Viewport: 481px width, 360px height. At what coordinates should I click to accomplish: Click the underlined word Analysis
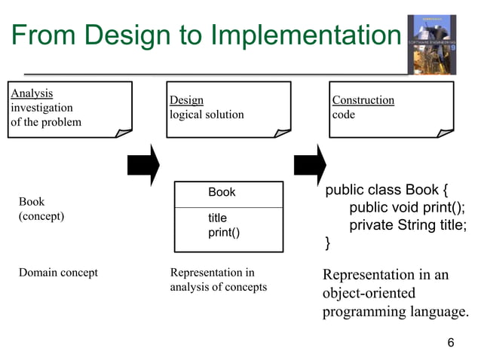32,93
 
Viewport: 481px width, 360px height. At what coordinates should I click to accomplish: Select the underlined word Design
186,100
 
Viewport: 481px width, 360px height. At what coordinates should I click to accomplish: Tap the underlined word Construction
363,100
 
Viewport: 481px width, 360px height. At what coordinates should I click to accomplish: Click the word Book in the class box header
222,193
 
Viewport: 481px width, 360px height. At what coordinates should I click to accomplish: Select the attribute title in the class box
217,218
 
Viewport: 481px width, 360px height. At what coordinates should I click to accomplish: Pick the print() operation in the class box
224,233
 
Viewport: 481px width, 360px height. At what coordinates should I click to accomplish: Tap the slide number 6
451,343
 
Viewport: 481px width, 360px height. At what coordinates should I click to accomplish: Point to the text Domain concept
58,273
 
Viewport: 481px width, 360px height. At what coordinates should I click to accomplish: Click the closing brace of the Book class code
327,243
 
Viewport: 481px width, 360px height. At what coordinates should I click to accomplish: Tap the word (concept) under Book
41,216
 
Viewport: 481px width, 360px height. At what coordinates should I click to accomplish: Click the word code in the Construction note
344,114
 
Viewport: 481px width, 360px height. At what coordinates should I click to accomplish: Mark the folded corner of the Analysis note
122,133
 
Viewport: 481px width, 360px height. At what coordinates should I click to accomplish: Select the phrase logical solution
207,114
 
